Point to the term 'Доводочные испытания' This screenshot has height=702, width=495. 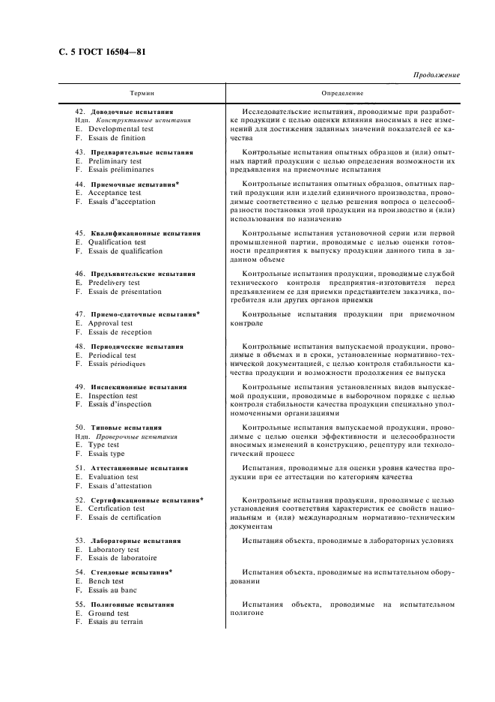coord(136,111)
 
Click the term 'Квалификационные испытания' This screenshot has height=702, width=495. coord(145,234)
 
